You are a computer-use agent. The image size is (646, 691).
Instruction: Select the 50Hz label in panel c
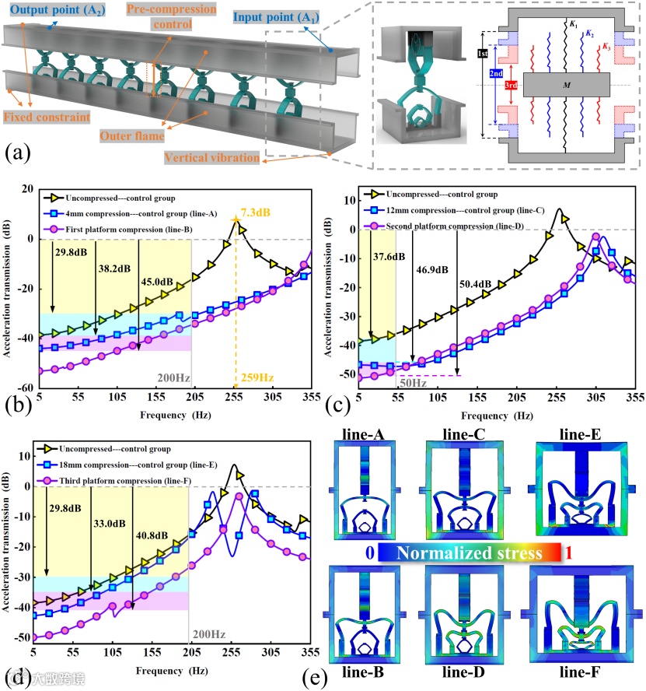[x=413, y=382]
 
